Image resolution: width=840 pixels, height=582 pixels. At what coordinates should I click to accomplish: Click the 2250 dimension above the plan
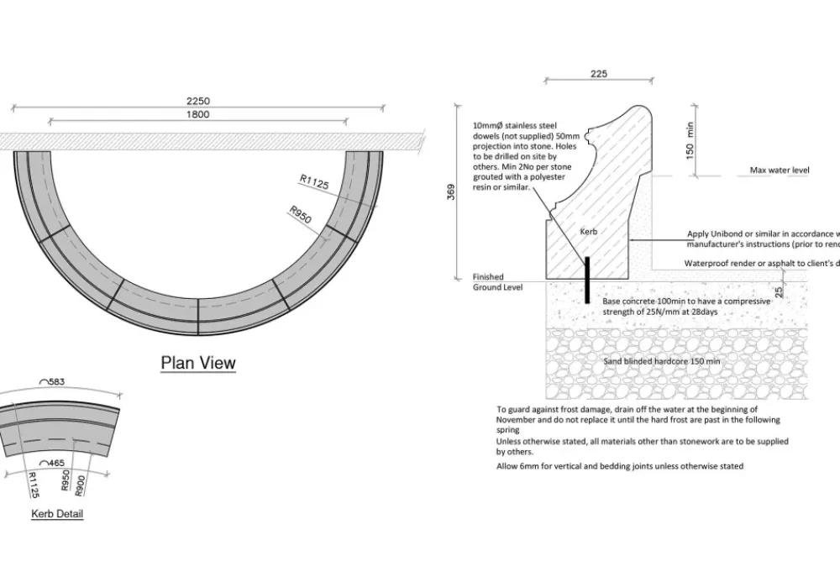click(198, 102)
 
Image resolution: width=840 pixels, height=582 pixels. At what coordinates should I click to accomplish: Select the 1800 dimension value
click(198, 115)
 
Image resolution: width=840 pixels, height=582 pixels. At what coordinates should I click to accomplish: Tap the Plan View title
click(198, 363)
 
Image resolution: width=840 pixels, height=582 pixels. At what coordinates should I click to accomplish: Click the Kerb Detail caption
click(57, 514)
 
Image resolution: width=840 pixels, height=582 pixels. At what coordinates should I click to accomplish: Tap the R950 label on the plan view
click(300, 214)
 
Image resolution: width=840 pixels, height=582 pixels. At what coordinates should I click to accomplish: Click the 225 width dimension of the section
click(598, 74)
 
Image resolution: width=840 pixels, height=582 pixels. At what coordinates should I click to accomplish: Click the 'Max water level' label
click(780, 170)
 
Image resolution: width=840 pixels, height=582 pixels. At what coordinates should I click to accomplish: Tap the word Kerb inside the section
click(588, 230)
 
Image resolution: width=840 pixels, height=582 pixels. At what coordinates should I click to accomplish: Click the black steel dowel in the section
click(587, 279)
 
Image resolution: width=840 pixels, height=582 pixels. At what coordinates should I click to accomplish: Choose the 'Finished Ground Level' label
click(498, 282)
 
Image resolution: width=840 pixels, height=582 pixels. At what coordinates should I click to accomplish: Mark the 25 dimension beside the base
click(780, 291)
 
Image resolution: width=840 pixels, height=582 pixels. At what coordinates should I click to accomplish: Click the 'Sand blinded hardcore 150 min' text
click(662, 362)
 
